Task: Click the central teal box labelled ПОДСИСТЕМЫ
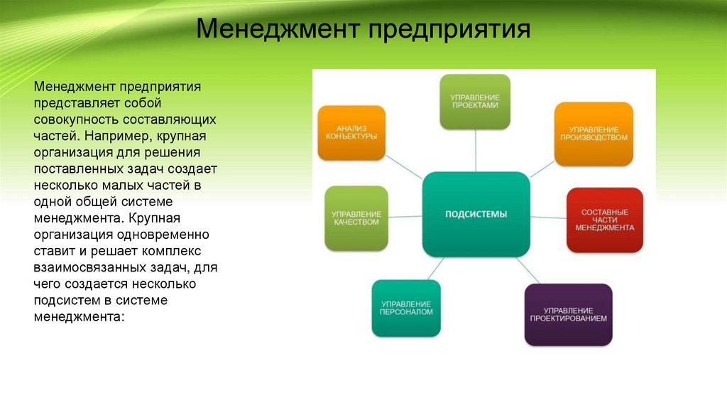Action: (476, 214)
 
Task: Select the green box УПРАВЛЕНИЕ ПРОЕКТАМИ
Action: (475, 101)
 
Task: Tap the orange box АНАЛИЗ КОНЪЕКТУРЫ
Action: (351, 132)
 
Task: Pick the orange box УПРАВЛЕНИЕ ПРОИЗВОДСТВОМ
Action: (594, 134)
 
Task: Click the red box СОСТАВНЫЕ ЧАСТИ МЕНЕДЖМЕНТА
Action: (605, 220)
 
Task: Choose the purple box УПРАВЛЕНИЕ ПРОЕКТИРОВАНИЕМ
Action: (568, 314)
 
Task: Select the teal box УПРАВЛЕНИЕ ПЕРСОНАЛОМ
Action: (406, 308)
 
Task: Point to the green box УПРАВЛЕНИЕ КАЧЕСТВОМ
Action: (356, 218)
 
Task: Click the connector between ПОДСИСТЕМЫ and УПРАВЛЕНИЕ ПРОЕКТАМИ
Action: (475, 151)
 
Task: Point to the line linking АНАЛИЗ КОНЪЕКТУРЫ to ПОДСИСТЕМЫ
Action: (405, 166)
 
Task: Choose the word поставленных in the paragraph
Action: (78, 168)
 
